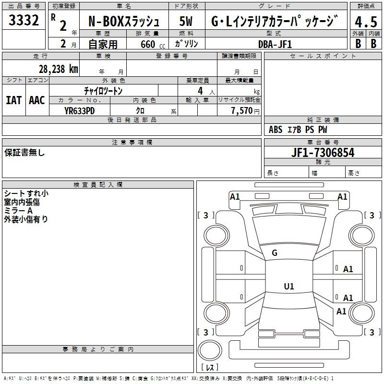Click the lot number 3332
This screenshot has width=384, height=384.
(24, 20)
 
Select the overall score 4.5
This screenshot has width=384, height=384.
(366, 22)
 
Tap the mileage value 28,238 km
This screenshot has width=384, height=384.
(58, 69)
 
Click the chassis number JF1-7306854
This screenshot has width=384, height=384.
(323, 153)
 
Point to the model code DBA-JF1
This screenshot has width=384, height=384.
(275, 44)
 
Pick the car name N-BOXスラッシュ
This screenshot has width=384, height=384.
(124, 21)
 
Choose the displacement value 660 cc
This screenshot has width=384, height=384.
(153, 44)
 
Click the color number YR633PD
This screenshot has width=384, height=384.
(79, 111)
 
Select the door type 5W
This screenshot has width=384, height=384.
(186, 21)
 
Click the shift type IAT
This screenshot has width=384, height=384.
(14, 100)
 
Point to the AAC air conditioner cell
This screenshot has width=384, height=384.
(37, 100)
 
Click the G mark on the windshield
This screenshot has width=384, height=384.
(275, 253)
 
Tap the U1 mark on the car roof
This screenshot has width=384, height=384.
(289, 286)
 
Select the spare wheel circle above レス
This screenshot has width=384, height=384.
(210, 350)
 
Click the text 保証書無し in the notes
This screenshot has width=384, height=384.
(24, 153)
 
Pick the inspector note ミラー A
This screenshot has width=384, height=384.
(18, 211)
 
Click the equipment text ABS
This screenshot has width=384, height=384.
(276, 130)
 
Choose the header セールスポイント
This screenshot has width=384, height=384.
(323, 56)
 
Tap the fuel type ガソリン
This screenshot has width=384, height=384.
(186, 44)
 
